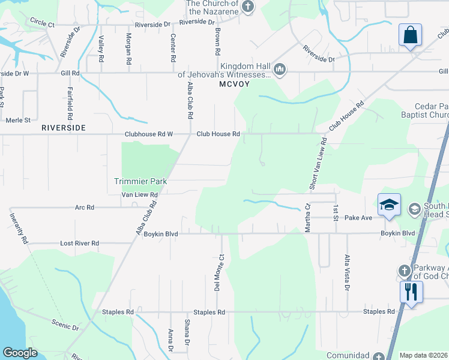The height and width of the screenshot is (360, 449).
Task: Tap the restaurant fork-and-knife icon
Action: (x=411, y=293)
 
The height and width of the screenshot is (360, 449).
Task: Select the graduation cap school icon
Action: (x=388, y=205)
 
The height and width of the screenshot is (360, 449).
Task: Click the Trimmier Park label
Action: (x=140, y=181)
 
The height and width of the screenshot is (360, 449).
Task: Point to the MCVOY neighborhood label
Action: (x=234, y=85)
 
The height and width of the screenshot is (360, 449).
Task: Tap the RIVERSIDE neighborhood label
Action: (x=63, y=128)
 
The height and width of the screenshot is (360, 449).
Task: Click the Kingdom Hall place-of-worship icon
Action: (x=279, y=71)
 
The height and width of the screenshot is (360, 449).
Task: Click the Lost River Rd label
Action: (x=79, y=244)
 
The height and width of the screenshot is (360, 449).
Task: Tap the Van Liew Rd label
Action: (x=139, y=195)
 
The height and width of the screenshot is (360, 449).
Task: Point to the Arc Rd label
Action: (x=84, y=208)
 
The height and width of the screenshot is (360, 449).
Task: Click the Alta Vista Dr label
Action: (x=347, y=272)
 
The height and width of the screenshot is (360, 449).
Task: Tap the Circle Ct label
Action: (x=42, y=25)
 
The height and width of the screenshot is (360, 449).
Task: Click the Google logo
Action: (x=20, y=353)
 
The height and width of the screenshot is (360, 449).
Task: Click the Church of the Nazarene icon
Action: (x=249, y=7)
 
